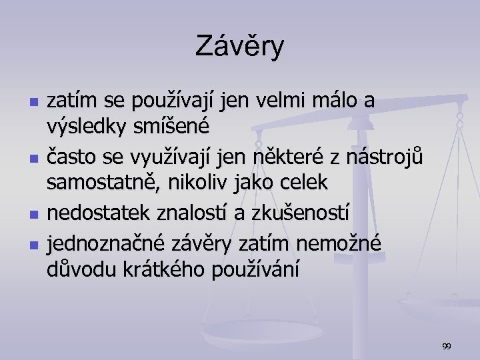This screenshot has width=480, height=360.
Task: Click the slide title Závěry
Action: coord(240,47)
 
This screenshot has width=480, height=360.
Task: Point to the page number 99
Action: coord(447,346)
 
